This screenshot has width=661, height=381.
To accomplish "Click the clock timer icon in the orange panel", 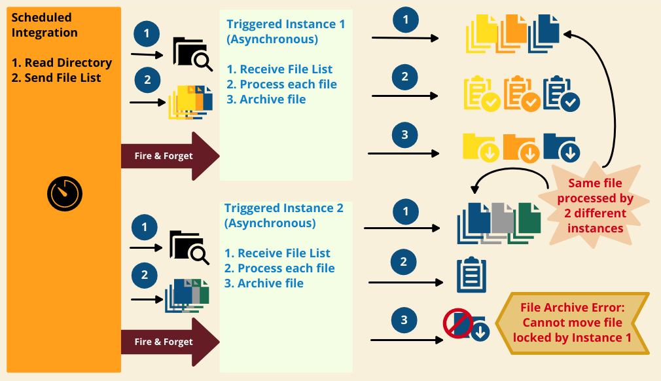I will point(64,192).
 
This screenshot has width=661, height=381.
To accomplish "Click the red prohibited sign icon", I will point(458,323).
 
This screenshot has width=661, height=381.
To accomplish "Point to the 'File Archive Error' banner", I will point(572,323).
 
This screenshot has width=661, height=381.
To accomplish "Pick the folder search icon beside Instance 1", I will point(192,54).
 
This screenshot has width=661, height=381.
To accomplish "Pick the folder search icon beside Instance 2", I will point(189,247).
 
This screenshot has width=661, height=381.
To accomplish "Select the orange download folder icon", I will point(521,147).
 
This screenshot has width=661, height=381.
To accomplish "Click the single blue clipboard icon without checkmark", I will point(471,275).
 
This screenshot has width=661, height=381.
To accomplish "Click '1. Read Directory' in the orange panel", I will point(62,63).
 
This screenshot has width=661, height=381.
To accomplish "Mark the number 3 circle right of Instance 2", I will point(404,320).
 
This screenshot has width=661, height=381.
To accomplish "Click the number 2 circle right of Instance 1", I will point(404,77).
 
